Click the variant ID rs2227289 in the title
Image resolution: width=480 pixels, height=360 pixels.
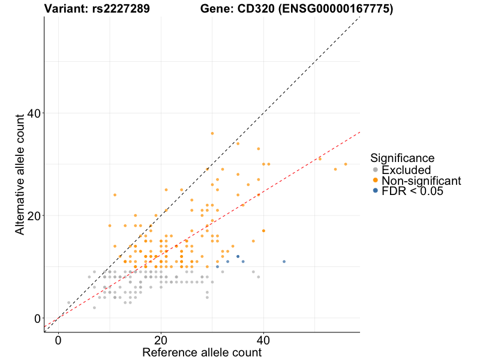coord(116,9)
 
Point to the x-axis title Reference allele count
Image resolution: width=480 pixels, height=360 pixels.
coord(202,352)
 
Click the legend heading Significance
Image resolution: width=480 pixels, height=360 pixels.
coord(402,158)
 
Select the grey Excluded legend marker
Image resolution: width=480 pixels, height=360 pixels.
coord(375,170)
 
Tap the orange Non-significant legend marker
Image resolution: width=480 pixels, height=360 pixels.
coord(375,181)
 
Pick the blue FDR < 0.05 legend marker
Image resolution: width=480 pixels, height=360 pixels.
coord(375,191)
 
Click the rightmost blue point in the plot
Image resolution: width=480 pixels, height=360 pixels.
coord(284,262)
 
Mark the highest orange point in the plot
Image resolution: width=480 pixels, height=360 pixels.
coord(212,133)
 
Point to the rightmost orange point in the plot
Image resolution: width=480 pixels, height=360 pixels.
coord(346,164)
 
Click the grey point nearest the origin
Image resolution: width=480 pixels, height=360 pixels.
coord(68,302)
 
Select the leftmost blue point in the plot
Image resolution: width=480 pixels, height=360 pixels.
coord(217,266)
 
